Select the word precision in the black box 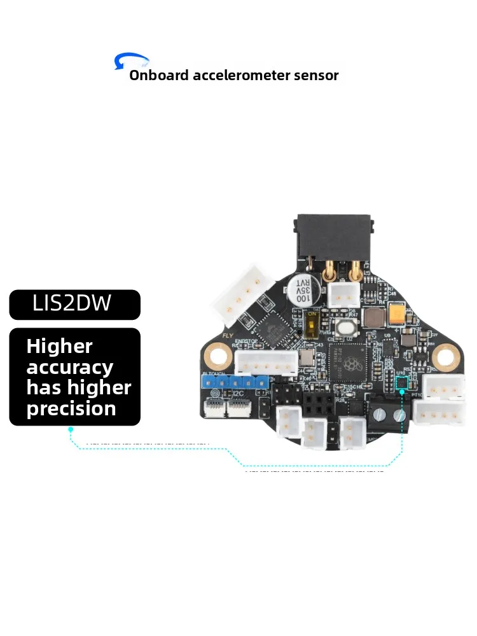point(71,408)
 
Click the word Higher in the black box point(59,347)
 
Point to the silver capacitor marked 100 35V point(300,289)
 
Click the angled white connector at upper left point(244,294)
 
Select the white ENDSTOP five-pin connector point(266,363)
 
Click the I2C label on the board point(238,394)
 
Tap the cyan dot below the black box point(71,429)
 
